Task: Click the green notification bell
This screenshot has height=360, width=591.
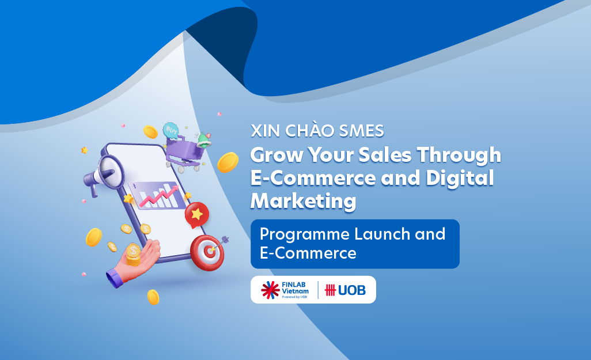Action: point(203,139)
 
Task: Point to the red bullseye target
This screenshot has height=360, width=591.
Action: point(206,252)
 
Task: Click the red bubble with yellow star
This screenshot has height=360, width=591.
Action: point(197,215)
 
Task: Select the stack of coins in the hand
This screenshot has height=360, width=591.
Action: point(133,255)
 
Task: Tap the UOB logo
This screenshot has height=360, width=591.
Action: point(346,290)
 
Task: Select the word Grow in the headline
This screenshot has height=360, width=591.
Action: point(274,156)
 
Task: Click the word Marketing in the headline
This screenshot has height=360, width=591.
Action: point(303,201)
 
